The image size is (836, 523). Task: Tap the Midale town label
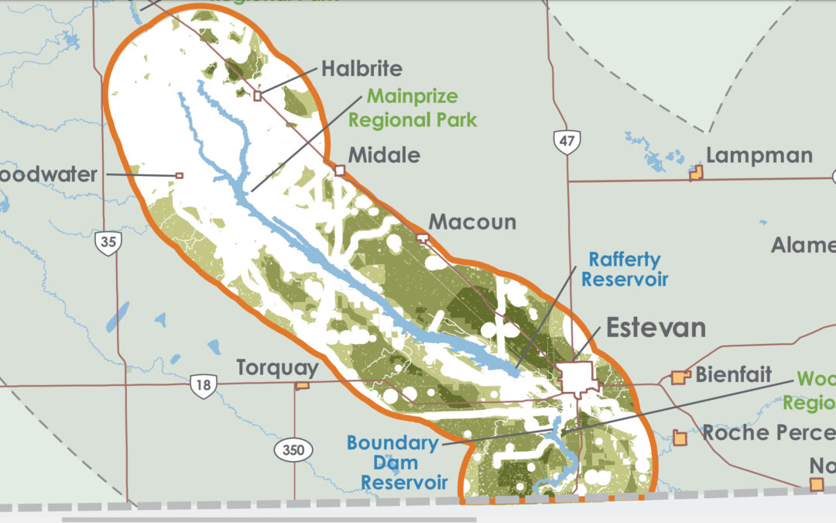tap(384, 155)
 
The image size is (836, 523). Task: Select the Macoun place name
tap(472, 222)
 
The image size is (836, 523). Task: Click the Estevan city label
tap(656, 328)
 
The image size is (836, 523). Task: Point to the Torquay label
tap(277, 367)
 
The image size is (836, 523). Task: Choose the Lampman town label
tap(759, 156)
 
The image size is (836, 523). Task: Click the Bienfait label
tap(733, 376)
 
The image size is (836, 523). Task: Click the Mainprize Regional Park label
tap(413, 108)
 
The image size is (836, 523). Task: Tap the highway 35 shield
tap(108, 243)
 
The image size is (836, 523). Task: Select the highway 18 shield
tap(203, 385)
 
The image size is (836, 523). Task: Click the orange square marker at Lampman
tap(696, 175)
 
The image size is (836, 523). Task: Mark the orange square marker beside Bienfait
tap(680, 377)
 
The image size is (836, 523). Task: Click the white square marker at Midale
tap(339, 170)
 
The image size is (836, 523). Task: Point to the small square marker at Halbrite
tap(258, 95)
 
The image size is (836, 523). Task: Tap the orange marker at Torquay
tap(303, 384)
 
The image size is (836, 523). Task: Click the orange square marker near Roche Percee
tap(680, 438)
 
